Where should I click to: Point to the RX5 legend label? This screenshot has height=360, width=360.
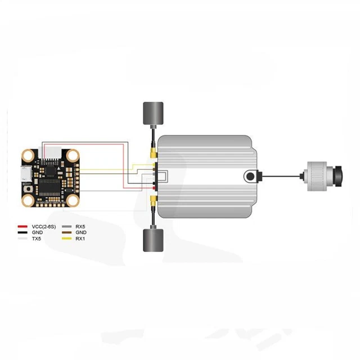click(80, 227)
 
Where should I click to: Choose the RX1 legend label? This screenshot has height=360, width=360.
click(80, 238)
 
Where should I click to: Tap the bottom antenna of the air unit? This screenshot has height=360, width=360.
click(152, 241)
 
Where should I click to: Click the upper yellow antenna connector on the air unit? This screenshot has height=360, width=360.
click(152, 152)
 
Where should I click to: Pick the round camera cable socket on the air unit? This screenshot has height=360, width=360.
click(249, 177)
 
